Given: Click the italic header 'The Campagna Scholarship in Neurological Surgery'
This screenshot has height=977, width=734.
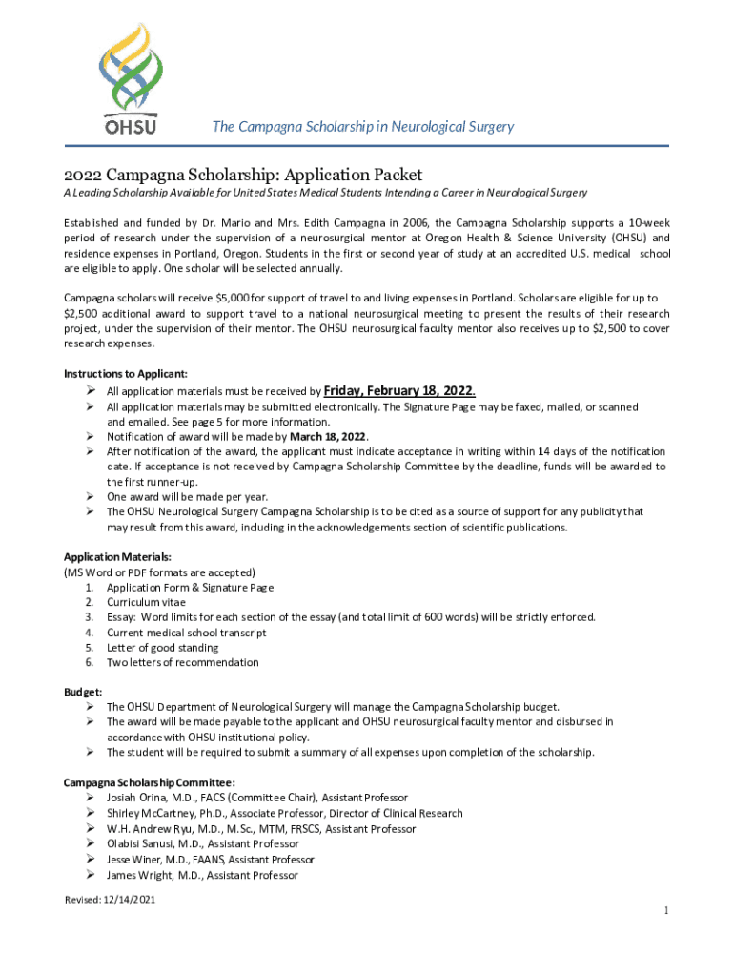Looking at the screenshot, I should click(x=362, y=126).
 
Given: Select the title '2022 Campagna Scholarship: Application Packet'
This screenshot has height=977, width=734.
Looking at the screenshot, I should click(x=243, y=175).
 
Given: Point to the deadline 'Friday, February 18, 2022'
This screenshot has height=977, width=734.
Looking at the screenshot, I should click(x=398, y=390).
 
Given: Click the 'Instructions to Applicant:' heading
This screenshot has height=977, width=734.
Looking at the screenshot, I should click(x=126, y=373).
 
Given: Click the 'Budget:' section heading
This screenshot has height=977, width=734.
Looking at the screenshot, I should click(x=83, y=692).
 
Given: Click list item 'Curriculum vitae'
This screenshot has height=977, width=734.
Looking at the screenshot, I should click(x=146, y=602).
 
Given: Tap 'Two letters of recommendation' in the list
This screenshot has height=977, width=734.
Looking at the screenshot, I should click(x=182, y=662).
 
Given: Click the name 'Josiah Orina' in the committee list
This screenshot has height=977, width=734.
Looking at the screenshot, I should click(x=137, y=798).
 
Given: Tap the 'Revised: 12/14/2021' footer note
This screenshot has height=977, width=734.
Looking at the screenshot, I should click(x=110, y=900).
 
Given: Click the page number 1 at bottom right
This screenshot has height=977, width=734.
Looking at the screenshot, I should click(x=666, y=911).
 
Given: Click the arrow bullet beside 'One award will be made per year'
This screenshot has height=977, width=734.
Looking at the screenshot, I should click(x=87, y=497).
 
